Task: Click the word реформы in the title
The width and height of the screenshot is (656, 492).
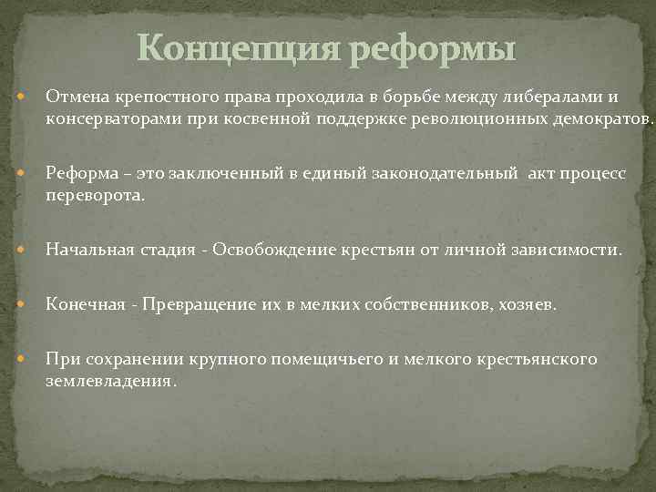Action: point(432,47)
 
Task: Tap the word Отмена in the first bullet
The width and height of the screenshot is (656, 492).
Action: point(77,96)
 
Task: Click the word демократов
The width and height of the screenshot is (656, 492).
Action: point(597,118)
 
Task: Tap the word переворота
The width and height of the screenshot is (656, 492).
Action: point(94,196)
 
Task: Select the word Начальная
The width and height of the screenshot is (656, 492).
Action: point(87,250)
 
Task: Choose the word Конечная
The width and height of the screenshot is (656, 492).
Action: point(85,304)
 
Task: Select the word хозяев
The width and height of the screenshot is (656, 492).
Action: point(526,304)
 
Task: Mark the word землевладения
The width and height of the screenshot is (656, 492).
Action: point(108,381)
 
